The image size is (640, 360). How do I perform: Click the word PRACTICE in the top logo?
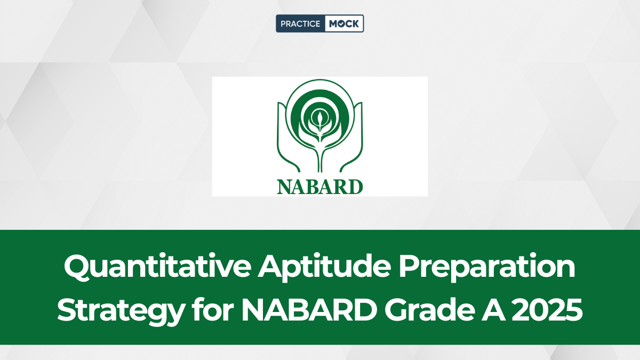[x=300, y=23]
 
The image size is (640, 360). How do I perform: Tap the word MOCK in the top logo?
[x=343, y=23]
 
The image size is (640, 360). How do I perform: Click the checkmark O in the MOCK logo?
[x=340, y=23]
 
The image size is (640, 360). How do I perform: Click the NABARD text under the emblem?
[x=319, y=187]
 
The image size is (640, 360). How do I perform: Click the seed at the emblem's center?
[x=319, y=118]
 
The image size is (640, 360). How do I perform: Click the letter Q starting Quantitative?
[x=77, y=266]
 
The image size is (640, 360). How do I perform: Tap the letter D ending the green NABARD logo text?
[x=355, y=187]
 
